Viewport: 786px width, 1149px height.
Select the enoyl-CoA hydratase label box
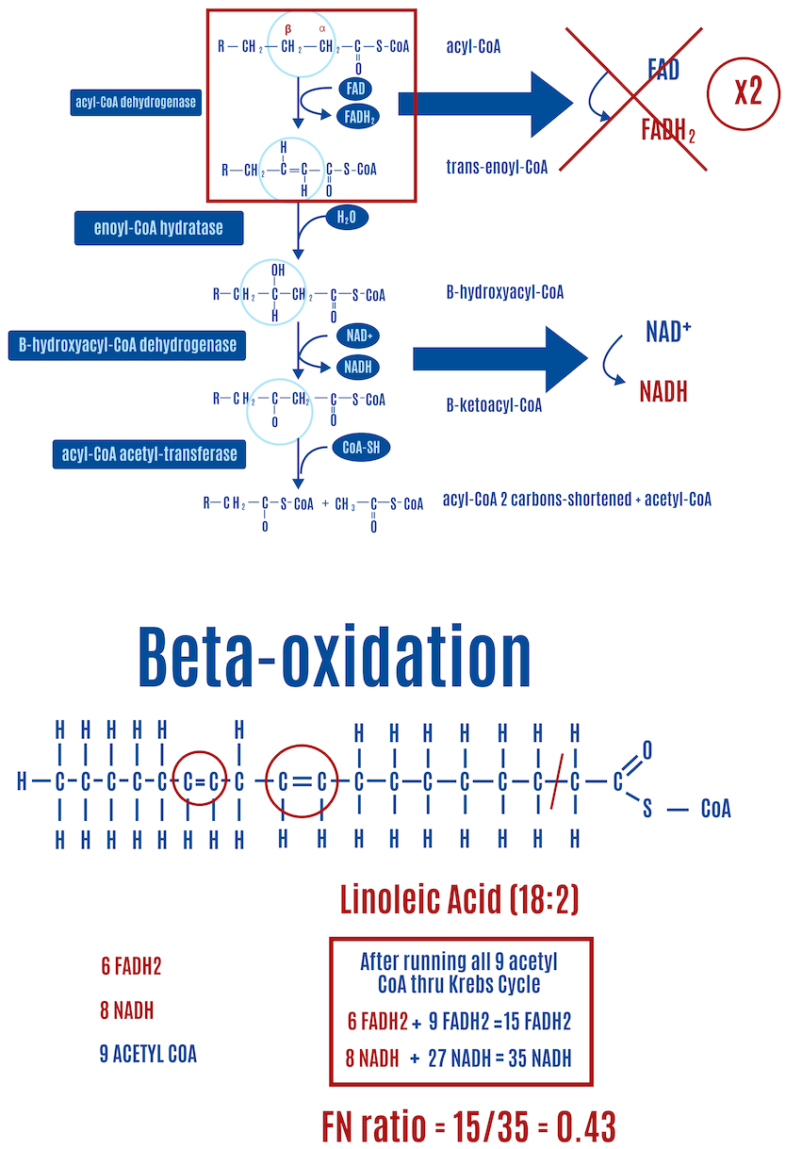(160, 227)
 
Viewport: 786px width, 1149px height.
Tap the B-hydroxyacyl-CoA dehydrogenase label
(127, 345)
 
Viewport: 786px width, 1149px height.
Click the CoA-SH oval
(360, 446)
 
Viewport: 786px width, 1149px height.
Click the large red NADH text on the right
(663, 392)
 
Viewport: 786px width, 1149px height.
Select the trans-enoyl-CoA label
(497, 168)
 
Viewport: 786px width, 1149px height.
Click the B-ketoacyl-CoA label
(494, 406)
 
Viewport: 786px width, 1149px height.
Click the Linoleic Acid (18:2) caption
(459, 900)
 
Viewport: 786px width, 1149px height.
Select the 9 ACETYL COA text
(148, 1054)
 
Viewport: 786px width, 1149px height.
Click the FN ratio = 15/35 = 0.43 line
(468, 1125)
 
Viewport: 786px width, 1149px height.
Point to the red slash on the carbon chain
(557, 780)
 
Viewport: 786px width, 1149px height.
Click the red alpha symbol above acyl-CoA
(322, 29)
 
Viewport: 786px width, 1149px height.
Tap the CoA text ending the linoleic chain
(715, 810)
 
